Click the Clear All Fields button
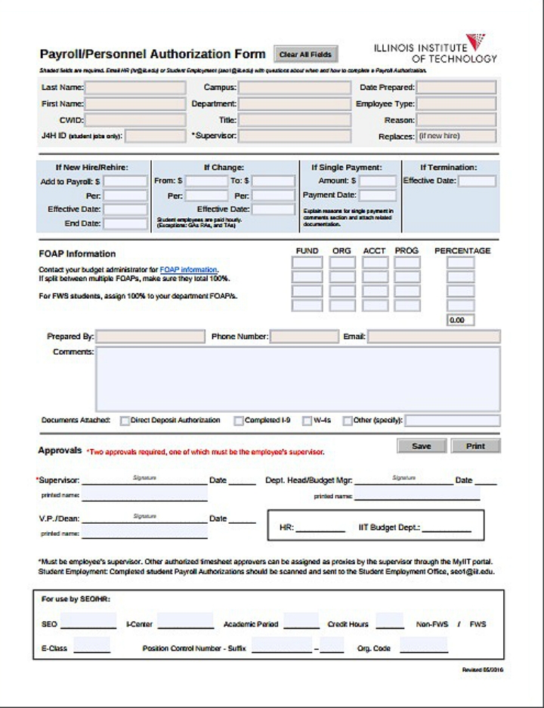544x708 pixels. pyautogui.click(x=305, y=55)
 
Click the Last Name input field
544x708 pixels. pyautogui.click(x=135, y=88)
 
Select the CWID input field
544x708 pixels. pyautogui.click(x=135, y=119)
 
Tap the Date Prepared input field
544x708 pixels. pyautogui.click(x=456, y=88)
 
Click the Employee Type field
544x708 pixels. pyautogui.click(x=456, y=103)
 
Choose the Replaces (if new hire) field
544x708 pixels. pyautogui.click(x=456, y=137)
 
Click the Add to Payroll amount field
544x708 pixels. pyautogui.click(x=125, y=181)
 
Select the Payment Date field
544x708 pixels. pyautogui.click(x=377, y=195)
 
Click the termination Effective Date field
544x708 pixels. pyautogui.click(x=477, y=181)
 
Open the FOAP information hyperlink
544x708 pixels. pyautogui.click(x=188, y=269)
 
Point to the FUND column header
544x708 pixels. pyautogui.click(x=307, y=251)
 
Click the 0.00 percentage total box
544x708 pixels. pyautogui.click(x=460, y=320)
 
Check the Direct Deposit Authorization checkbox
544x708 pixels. pyautogui.click(x=125, y=420)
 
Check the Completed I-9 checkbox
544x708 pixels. pyautogui.click(x=239, y=420)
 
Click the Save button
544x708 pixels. pyautogui.click(x=421, y=446)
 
